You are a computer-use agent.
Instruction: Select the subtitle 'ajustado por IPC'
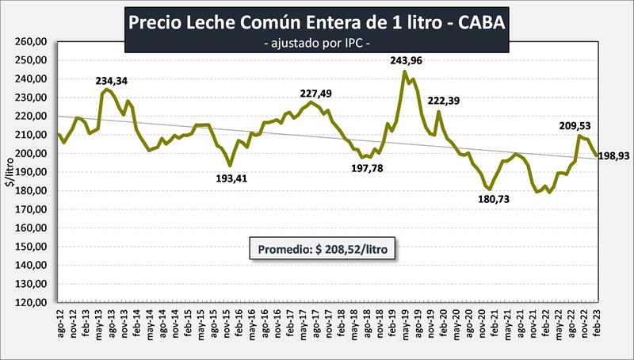pyautogui.click(x=318, y=41)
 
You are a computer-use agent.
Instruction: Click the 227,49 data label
pyautogui.click(x=316, y=94)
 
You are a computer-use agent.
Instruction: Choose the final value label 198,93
pyautogui.click(x=613, y=156)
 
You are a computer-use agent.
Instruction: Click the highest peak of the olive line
pyautogui.click(x=405, y=72)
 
